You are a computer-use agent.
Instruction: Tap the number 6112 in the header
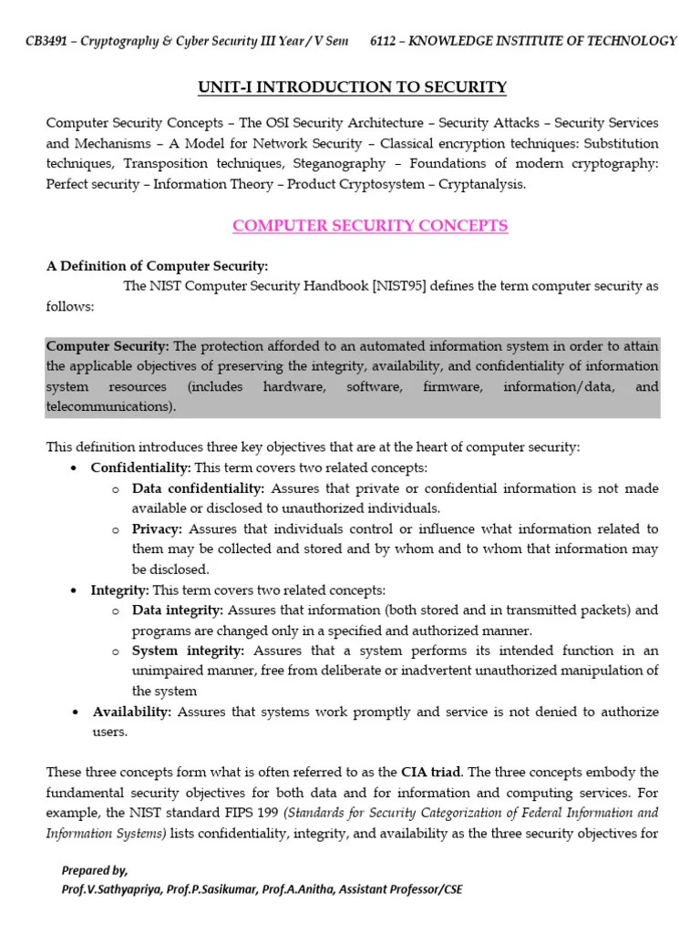click(386, 41)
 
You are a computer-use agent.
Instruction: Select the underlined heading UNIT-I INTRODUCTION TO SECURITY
click(352, 87)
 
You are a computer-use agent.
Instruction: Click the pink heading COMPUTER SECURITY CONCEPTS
click(370, 225)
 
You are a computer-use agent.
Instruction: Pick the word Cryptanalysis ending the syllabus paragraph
click(482, 185)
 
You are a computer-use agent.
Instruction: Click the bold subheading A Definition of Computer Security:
click(157, 266)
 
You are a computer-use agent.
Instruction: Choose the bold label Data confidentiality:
click(198, 488)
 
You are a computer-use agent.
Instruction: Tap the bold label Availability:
click(131, 712)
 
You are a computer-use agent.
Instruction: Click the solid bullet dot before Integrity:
click(73, 590)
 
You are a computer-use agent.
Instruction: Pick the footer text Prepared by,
click(95, 870)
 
